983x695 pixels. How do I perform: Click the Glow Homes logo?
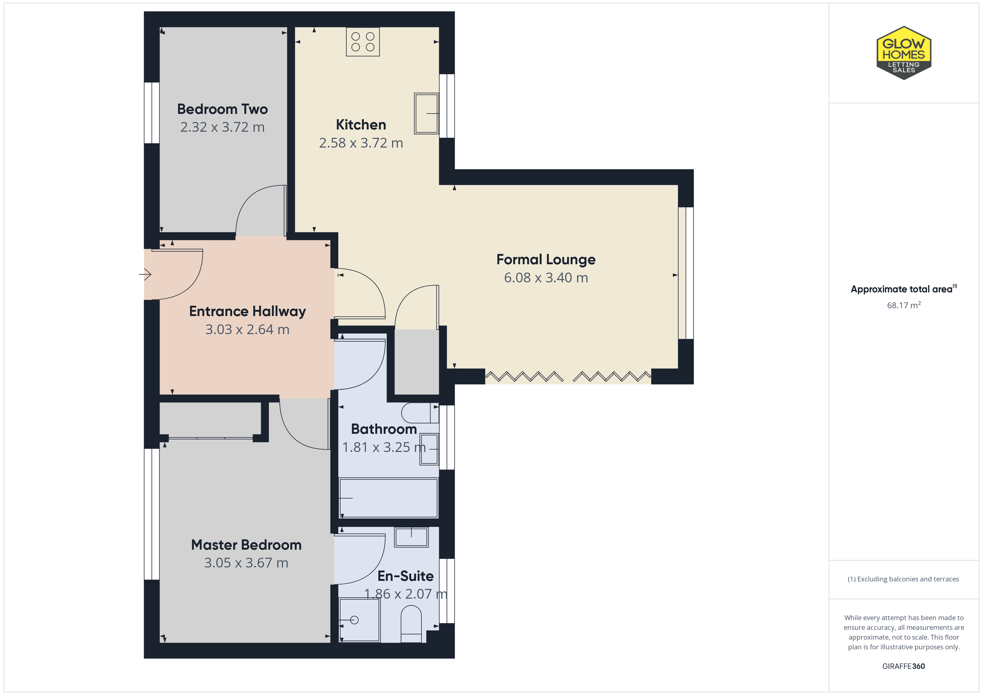[x=904, y=53]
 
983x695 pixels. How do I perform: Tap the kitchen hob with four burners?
[x=362, y=41]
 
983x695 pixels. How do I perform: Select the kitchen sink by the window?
[x=426, y=113]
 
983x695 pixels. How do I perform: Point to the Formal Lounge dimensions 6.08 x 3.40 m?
[x=546, y=278]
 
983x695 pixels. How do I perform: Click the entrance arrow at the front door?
[x=145, y=274]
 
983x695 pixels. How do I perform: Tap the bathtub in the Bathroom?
[x=388, y=498]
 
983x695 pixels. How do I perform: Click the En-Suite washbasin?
[x=412, y=537]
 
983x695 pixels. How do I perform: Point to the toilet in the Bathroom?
[x=420, y=413]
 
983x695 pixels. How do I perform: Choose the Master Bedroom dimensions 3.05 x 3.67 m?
[x=246, y=563]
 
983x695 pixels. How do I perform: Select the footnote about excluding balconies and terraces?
[x=903, y=579]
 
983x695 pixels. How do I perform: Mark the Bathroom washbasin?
[x=429, y=449]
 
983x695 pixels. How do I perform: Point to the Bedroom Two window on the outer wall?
[x=152, y=112]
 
